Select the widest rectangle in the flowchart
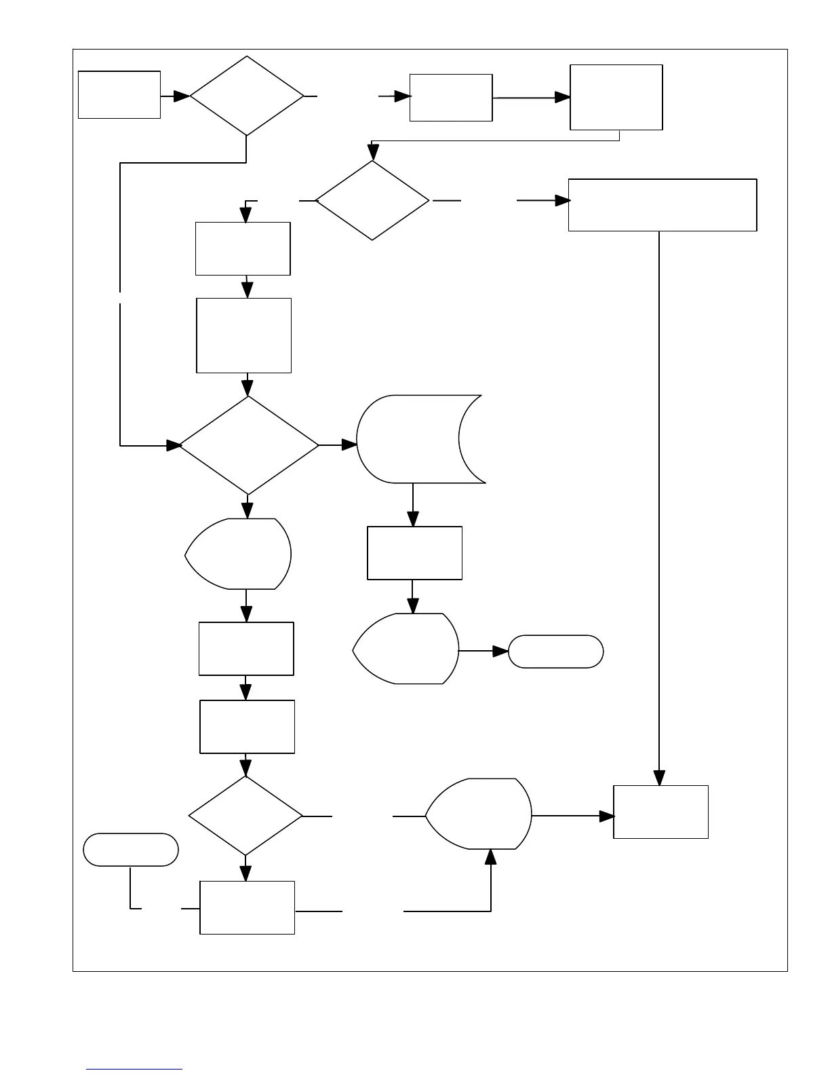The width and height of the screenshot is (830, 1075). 662,205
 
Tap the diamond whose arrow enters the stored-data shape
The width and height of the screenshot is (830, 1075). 248,445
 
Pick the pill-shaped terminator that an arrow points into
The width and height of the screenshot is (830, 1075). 555,652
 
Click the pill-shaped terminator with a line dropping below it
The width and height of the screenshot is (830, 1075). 131,850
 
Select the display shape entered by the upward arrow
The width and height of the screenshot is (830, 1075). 478,814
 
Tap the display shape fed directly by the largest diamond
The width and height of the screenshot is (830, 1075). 239,554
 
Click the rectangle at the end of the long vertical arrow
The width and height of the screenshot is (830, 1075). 660,812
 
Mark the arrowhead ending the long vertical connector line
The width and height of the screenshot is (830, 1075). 659,778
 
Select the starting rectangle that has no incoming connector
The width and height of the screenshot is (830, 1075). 119,94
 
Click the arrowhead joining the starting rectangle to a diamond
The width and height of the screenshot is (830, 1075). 182,96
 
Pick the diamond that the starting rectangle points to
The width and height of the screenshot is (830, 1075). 247,96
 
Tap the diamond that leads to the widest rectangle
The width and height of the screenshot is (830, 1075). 372,201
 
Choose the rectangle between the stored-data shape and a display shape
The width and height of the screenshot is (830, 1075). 414,553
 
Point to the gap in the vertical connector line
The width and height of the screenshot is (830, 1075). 120,297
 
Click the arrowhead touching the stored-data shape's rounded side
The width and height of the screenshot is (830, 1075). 349,445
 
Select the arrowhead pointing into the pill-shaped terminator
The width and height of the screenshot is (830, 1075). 500,652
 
